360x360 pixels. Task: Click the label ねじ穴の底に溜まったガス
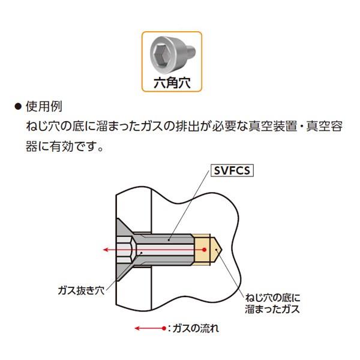tap(273, 303)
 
